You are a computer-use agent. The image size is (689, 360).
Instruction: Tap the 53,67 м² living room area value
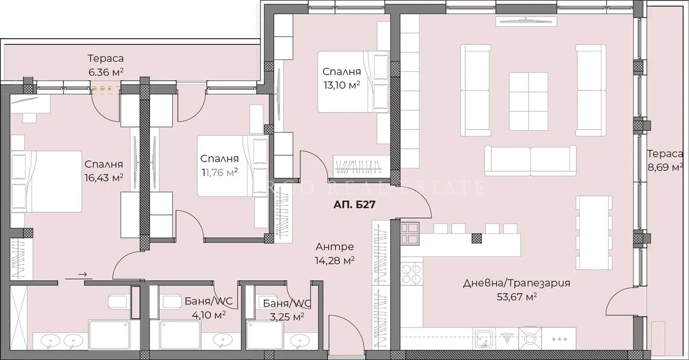(x=516, y=297)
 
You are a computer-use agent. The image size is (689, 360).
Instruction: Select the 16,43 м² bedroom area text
(x=103, y=177)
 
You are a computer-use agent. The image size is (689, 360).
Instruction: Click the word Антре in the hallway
(x=335, y=247)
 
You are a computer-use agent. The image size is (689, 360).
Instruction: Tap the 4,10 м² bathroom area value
(x=210, y=315)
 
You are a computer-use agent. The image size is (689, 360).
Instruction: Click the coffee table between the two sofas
(x=528, y=102)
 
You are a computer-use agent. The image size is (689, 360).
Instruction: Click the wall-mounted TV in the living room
(x=527, y=21)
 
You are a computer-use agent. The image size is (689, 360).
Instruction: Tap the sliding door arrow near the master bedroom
(x=82, y=274)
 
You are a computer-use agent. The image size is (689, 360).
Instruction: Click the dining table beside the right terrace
(x=594, y=232)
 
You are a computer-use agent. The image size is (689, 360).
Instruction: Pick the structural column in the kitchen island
(x=476, y=239)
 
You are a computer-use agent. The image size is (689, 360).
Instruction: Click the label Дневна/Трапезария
(x=516, y=283)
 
